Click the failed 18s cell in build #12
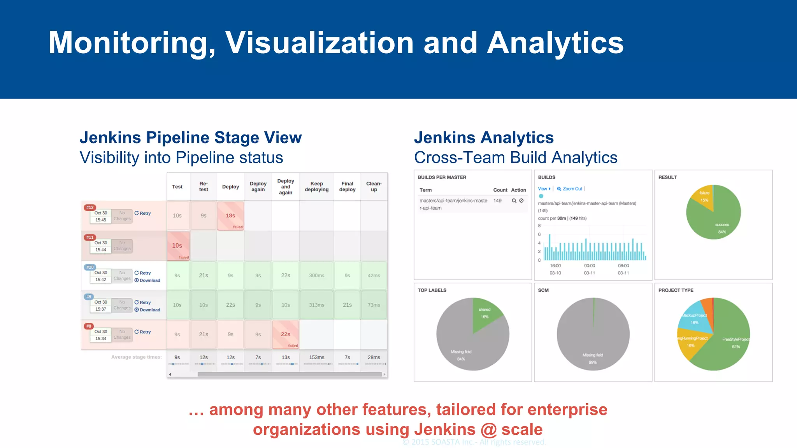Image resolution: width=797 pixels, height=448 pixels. click(230, 216)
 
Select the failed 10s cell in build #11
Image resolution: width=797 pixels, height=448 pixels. click(178, 246)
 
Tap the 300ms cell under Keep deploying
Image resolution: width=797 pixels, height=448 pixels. click(316, 276)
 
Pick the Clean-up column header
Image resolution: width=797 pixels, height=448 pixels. click(374, 187)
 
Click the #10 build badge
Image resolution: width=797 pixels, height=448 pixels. click(90, 267)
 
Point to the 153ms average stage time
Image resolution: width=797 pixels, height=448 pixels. click(316, 357)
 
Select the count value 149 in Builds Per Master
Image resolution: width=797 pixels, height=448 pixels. click(497, 201)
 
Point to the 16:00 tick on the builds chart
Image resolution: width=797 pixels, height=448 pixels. click(555, 266)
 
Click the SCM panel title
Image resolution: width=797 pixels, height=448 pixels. click(543, 290)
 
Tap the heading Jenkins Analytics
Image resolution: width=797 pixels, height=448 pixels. click(483, 138)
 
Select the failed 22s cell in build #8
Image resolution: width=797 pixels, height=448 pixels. click(286, 334)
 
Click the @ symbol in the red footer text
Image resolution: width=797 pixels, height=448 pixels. click(489, 430)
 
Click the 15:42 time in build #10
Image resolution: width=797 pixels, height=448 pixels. click(101, 280)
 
